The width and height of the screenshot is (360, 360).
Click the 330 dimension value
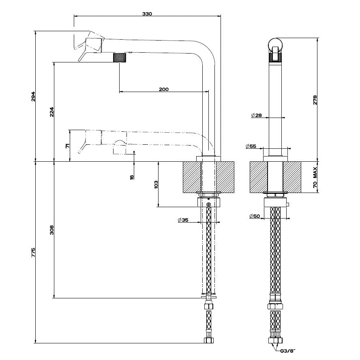click(147, 14)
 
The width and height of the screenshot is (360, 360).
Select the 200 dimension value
click(164, 89)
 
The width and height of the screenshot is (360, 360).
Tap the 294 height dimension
click(34, 96)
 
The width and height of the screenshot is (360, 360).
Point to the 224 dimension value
click(52, 112)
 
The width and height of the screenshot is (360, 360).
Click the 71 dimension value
click(68, 146)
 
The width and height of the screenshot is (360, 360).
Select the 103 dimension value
click(156, 184)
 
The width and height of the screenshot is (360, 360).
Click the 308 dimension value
click(51, 230)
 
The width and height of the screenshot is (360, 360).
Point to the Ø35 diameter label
click(183, 220)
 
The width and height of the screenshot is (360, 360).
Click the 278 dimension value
click(315, 99)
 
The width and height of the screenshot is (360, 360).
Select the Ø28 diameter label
click(256, 116)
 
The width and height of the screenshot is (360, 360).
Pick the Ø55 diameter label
click(251, 146)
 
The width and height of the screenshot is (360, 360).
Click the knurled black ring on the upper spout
click(120, 57)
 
